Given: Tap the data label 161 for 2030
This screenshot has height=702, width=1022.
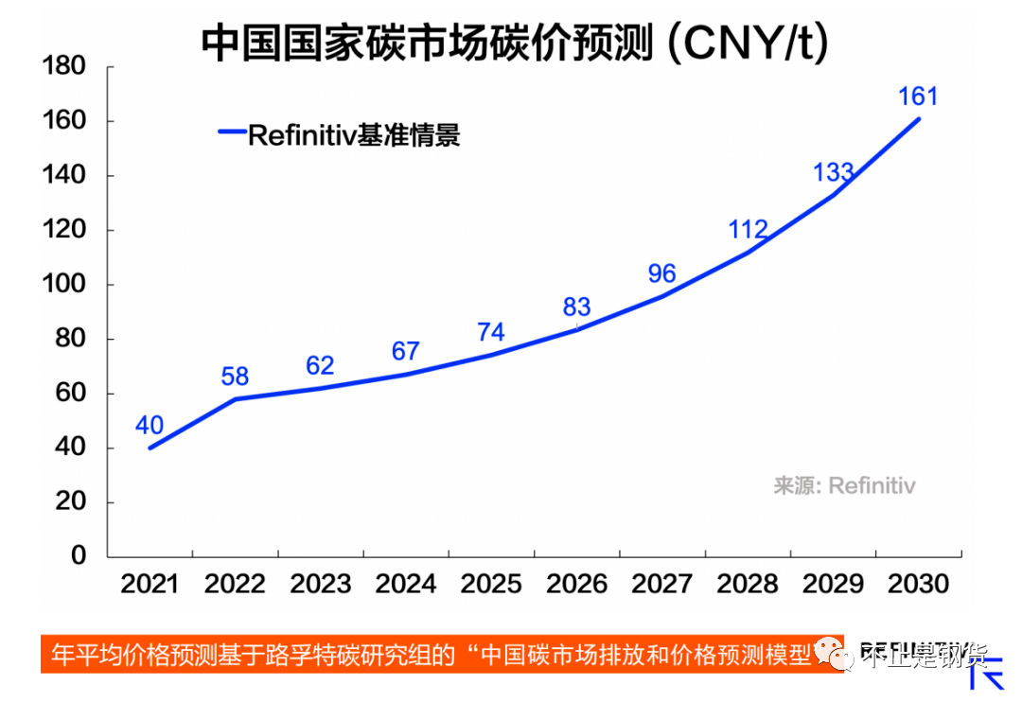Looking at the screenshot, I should pyautogui.click(x=917, y=96).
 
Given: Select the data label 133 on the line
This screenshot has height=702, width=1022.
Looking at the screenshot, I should pyautogui.click(x=833, y=172).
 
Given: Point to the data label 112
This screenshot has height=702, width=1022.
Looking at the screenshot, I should pyautogui.click(x=748, y=229).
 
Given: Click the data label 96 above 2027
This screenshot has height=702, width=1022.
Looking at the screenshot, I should pyautogui.click(x=661, y=273).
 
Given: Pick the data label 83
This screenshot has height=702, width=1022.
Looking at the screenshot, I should pyautogui.click(x=576, y=307).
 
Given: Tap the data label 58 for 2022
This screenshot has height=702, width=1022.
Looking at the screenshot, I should pyautogui.click(x=235, y=376).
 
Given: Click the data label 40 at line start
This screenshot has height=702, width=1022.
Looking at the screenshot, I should pyautogui.click(x=150, y=425).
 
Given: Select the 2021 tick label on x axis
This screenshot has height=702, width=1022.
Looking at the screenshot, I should pyautogui.click(x=150, y=584).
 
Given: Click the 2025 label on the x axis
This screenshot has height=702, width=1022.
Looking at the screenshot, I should pyautogui.click(x=491, y=584).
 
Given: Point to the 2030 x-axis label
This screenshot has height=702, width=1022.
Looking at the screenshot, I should pyautogui.click(x=918, y=584).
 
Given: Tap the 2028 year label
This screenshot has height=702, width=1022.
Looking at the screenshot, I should pyautogui.click(x=748, y=584).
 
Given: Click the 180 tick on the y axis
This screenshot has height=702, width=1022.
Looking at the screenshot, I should pyautogui.click(x=65, y=67).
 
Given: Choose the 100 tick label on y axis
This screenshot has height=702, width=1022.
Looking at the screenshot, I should pyautogui.click(x=65, y=285).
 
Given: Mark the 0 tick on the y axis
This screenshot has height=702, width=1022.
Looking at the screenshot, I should pyautogui.click(x=79, y=556).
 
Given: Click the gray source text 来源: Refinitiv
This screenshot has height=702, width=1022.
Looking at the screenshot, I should pyautogui.click(x=844, y=485).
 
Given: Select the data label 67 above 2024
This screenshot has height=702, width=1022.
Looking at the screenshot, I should pyautogui.click(x=405, y=351).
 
